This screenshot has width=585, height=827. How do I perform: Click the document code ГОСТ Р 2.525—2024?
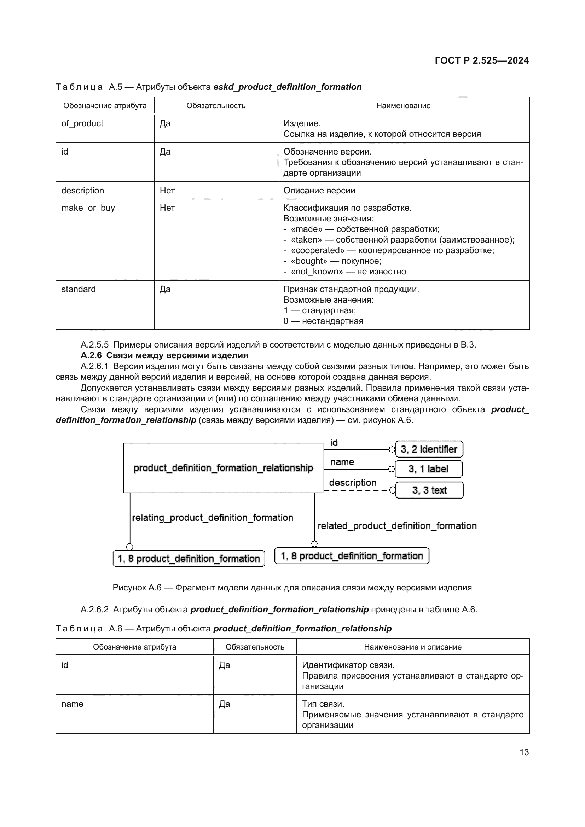482,60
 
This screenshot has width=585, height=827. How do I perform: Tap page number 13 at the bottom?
524,752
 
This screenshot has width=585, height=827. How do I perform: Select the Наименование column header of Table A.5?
403,105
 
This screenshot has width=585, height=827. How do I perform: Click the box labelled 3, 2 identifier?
429,449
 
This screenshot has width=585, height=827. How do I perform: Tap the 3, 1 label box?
429,469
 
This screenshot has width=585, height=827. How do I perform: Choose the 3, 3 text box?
429,490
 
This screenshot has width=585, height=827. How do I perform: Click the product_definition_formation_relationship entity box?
223,468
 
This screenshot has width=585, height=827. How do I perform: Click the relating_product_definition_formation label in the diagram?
213,518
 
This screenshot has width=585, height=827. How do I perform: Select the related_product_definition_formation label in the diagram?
397,526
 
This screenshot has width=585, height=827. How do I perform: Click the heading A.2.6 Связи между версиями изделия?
164,355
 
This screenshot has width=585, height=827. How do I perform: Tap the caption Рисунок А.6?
292,588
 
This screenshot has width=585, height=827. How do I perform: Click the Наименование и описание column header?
412,647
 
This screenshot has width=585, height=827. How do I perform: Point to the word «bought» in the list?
309,261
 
